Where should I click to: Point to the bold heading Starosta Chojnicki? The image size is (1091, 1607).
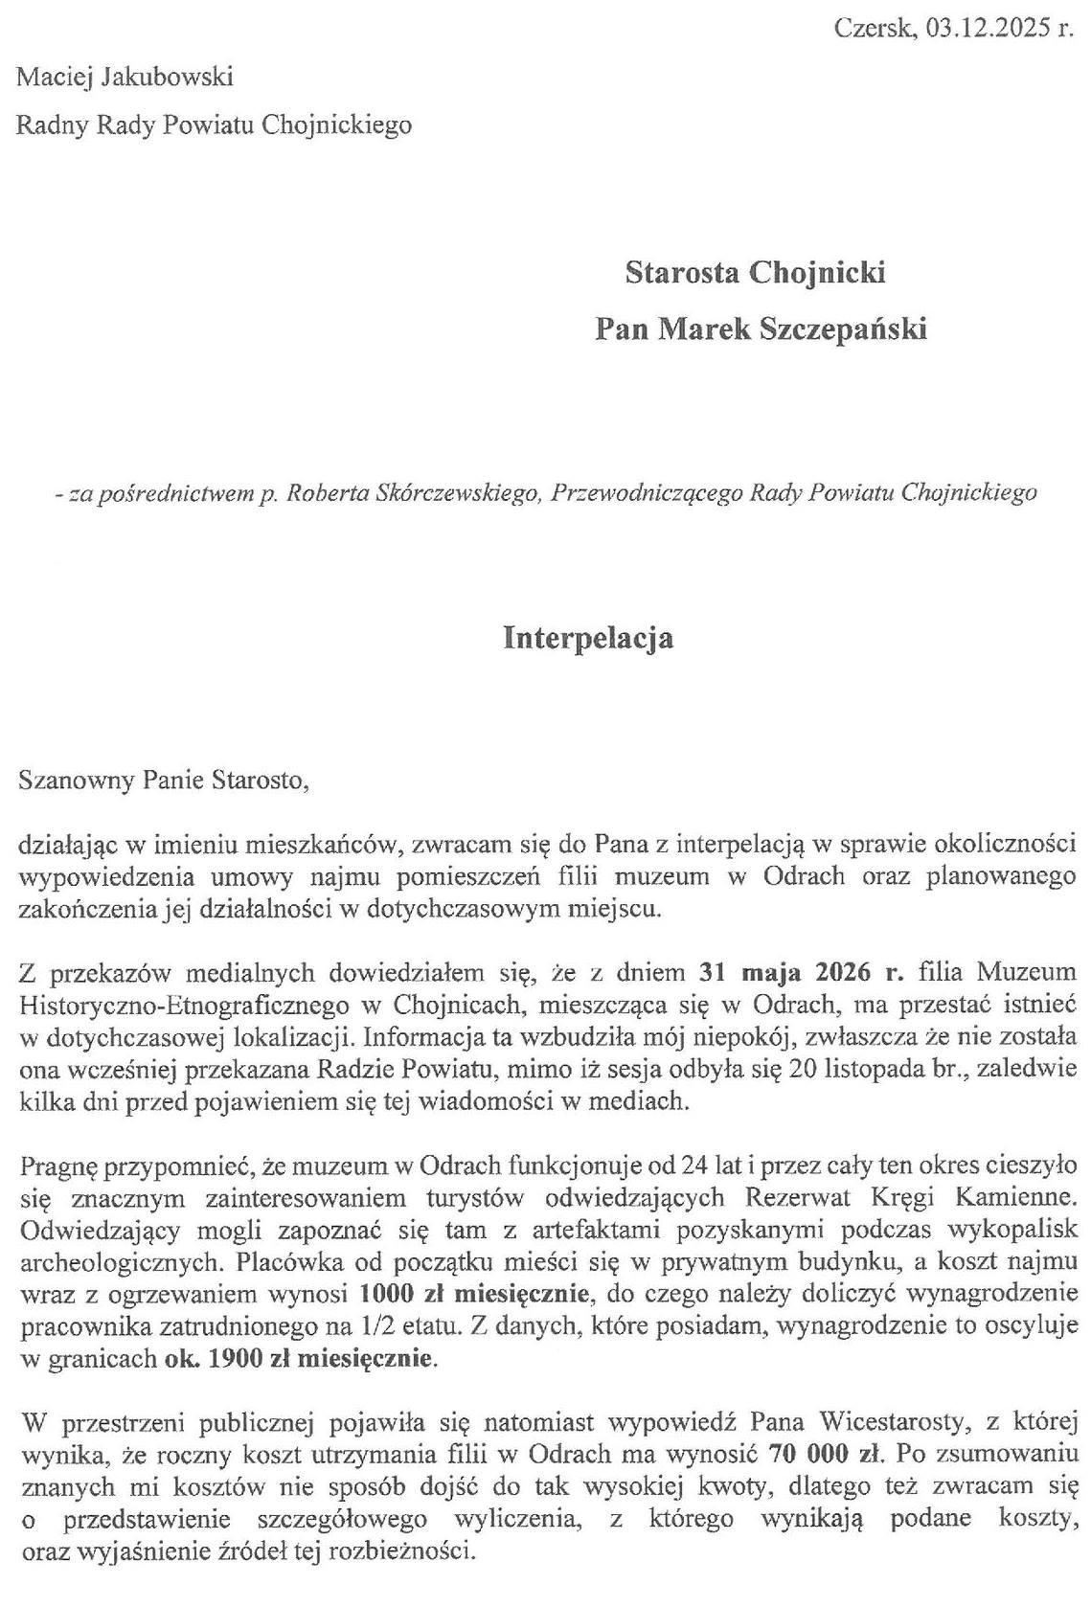[754, 273]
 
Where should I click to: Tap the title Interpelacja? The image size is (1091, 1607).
[588, 638]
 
